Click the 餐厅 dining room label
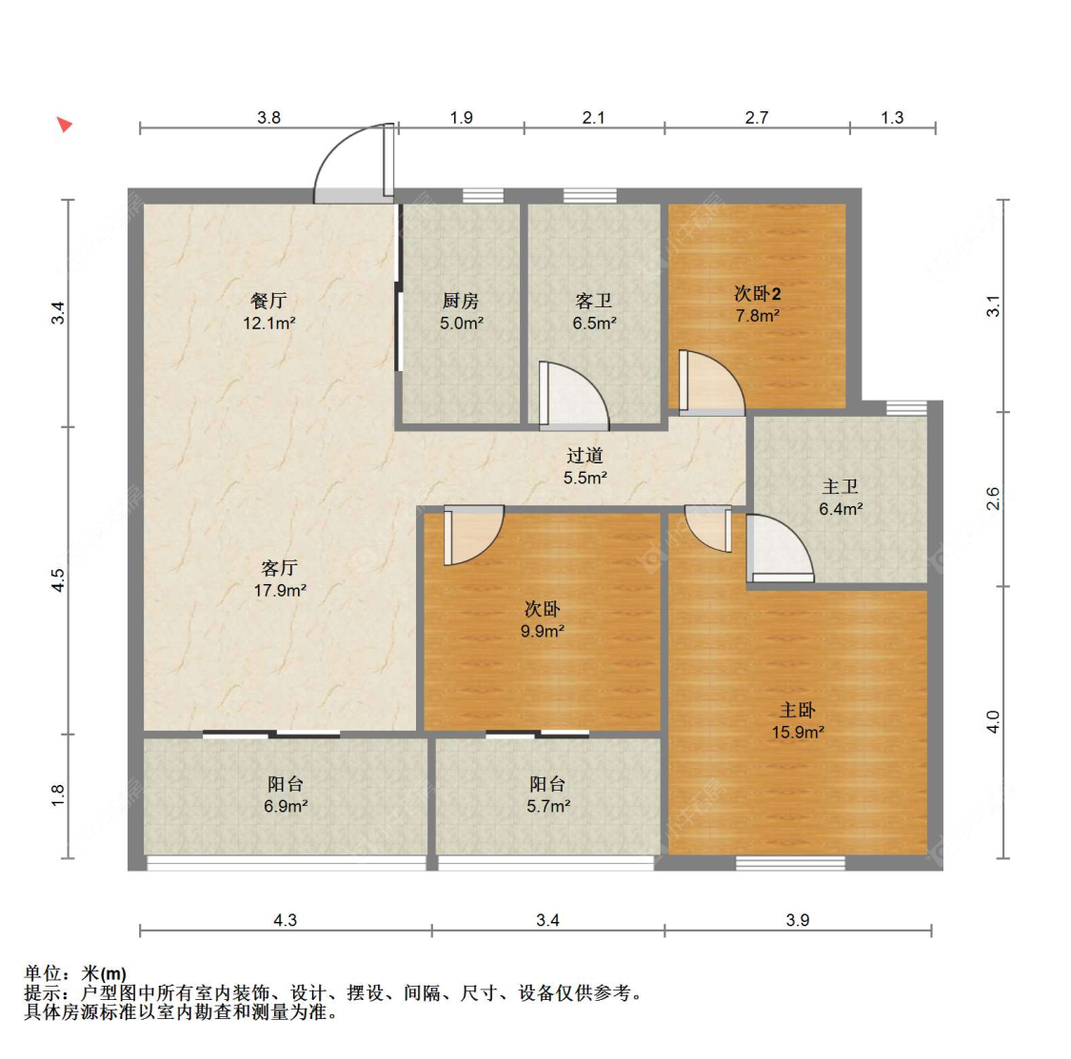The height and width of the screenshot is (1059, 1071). coord(268,301)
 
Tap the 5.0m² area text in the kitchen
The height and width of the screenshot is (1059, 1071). coord(462,323)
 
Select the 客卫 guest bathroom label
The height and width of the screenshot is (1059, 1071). coord(593,301)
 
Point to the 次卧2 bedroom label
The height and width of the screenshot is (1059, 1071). coord(757,294)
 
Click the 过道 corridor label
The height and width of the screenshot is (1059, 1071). coord(585,456)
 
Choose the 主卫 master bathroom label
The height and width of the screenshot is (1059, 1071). coord(840,487)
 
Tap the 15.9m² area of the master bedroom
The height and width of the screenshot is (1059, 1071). coord(798,733)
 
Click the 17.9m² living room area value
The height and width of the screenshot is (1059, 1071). coord(280,591)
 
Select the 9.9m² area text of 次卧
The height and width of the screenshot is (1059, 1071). coord(543,631)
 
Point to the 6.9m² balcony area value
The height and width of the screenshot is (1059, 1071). coord(286,806)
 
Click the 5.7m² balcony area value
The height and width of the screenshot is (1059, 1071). coord(548,806)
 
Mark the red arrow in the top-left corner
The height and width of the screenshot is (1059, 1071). coord(64,125)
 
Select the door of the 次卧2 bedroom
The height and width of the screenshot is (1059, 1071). coord(710,382)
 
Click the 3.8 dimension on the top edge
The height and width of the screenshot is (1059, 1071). coord(268,117)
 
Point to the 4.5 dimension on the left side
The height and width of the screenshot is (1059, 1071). coord(58,579)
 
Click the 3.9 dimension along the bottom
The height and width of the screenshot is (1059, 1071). coord(797,920)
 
